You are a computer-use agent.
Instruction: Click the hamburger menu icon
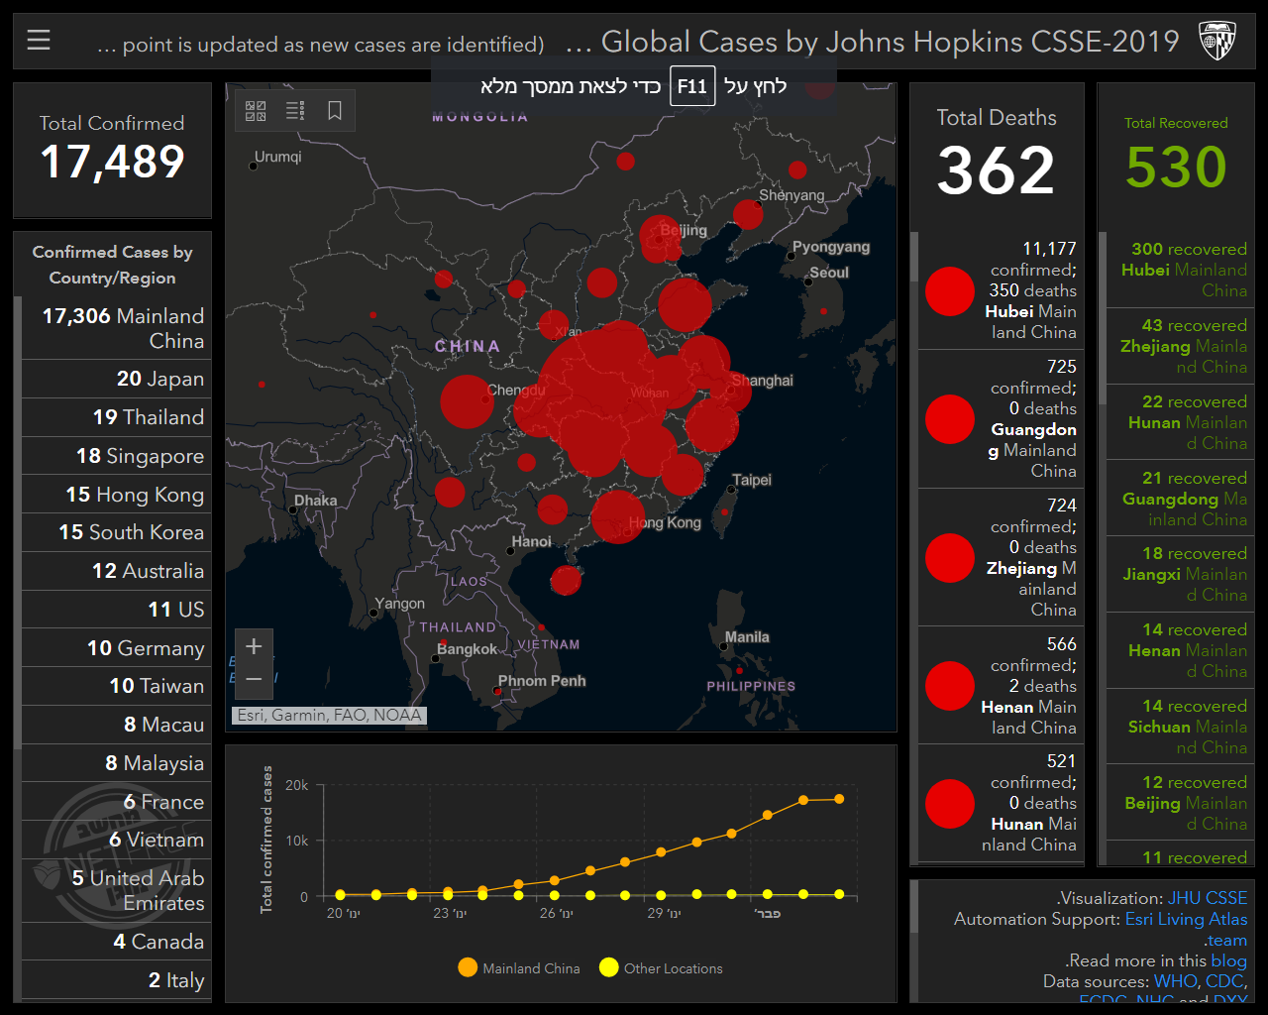pyautogui.click(x=39, y=40)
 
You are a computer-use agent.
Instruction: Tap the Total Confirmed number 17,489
pyautogui.click(x=112, y=163)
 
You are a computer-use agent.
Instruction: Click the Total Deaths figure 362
pyautogui.click(x=996, y=170)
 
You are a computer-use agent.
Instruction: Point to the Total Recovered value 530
pyautogui.click(x=1176, y=167)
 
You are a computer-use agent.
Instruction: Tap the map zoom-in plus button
pyautogui.click(x=254, y=646)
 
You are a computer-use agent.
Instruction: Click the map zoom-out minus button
pyautogui.click(x=254, y=679)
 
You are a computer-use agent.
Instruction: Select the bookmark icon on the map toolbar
pyautogui.click(x=335, y=110)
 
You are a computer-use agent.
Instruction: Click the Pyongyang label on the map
pyautogui.click(x=831, y=247)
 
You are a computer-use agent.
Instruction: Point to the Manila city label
pyautogui.click(x=747, y=637)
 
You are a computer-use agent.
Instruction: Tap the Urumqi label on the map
pyautogui.click(x=278, y=157)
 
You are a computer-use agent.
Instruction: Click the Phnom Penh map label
pyautogui.click(x=542, y=681)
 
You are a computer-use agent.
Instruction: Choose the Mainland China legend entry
pyautogui.click(x=519, y=968)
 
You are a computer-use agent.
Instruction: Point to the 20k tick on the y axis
pyautogui.click(x=297, y=785)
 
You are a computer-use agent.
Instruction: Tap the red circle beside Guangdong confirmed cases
pyautogui.click(x=950, y=419)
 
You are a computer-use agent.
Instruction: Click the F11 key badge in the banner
pyautogui.click(x=692, y=86)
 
